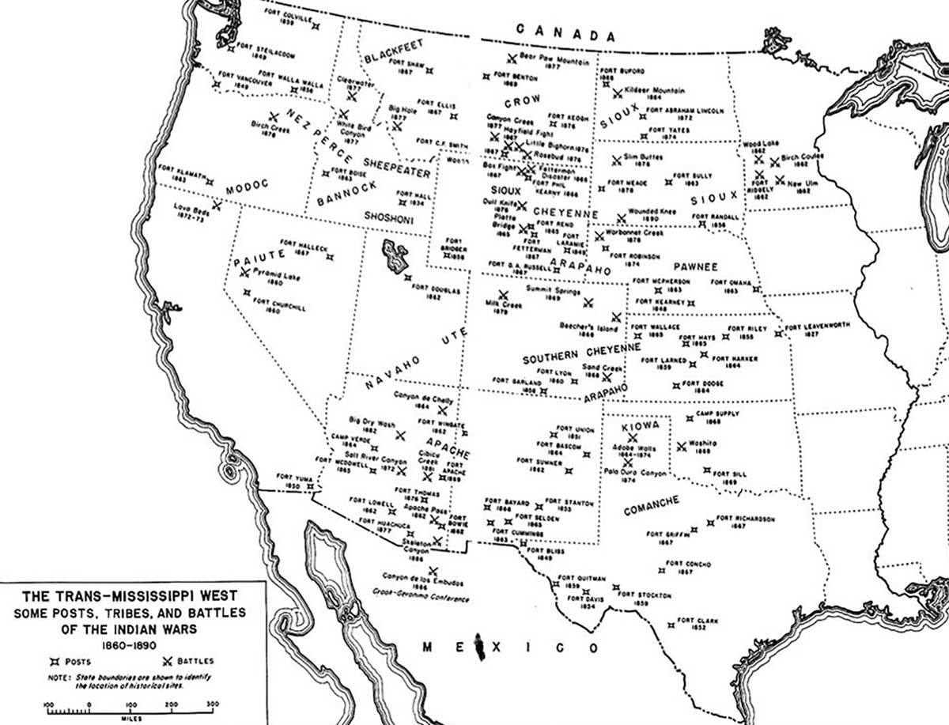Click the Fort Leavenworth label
coord(817,327)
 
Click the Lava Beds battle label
coord(190,210)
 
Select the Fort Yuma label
coord(291,477)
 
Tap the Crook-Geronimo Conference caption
coord(422,599)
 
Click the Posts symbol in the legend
coord(55,660)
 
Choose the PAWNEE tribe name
coord(695,267)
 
